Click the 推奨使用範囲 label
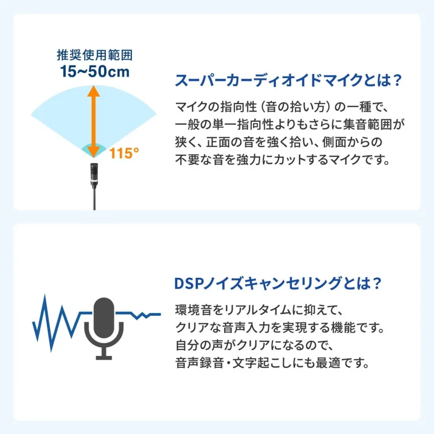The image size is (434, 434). click(95, 55)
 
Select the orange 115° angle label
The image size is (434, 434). click(125, 154)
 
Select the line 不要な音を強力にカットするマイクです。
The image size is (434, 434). click(283, 161)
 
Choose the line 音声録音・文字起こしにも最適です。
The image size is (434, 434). click(273, 362)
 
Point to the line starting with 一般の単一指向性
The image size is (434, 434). click(291, 125)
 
